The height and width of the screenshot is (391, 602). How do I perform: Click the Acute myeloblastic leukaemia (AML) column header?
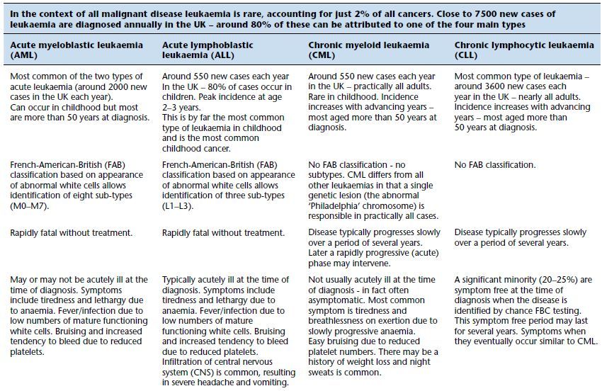click(x=76, y=50)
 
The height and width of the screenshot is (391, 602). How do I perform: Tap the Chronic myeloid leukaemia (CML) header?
click(x=369, y=45)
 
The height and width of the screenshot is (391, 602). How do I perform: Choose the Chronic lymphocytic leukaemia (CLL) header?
click(x=524, y=45)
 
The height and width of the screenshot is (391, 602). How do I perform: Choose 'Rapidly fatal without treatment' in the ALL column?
click(x=223, y=233)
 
